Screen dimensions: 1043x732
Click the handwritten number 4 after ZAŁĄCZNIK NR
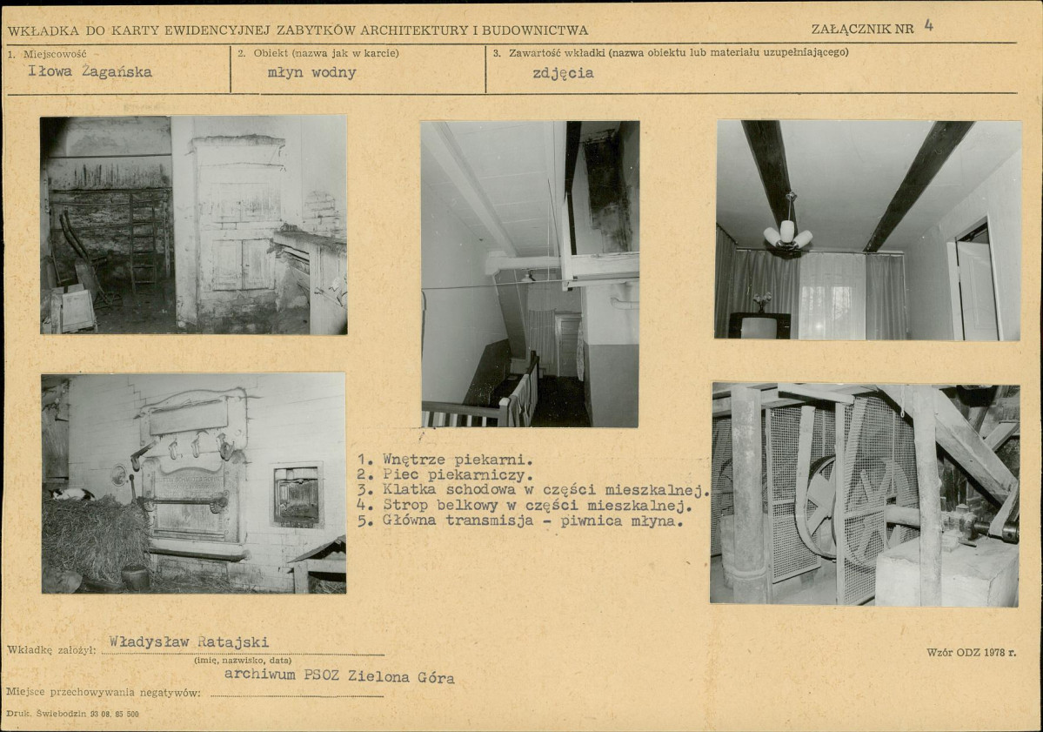pyautogui.click(x=928, y=26)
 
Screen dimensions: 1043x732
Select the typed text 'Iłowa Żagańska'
pyautogui.click(x=90, y=72)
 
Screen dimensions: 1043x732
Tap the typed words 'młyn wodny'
pyautogui.click(x=312, y=72)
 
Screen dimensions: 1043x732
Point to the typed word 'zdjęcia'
pyautogui.click(x=563, y=73)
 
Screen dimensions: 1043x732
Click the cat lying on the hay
pyautogui.click(x=71, y=494)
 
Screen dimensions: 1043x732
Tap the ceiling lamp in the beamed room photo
pyautogui.click(x=788, y=233)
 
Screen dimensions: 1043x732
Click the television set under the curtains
pyautogui.click(x=759, y=325)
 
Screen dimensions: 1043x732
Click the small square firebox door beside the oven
pyautogui.click(x=297, y=495)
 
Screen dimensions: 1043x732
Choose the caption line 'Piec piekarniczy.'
pyautogui.click(x=458, y=475)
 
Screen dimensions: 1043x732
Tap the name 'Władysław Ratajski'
pyautogui.click(x=189, y=641)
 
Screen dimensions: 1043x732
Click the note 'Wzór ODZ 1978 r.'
pyautogui.click(x=971, y=653)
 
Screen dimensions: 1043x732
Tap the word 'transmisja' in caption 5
pyautogui.click(x=490, y=520)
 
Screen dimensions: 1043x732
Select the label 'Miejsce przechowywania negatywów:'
pyautogui.click(x=104, y=692)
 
